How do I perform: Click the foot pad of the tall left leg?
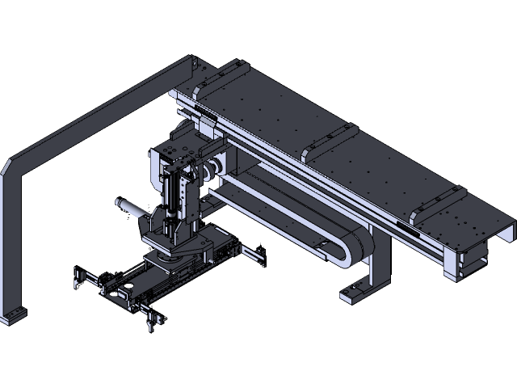[x=13, y=315]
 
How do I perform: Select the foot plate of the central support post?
[x=356, y=292]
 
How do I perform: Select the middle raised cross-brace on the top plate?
[x=329, y=141]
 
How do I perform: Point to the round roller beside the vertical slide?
[x=215, y=168]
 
